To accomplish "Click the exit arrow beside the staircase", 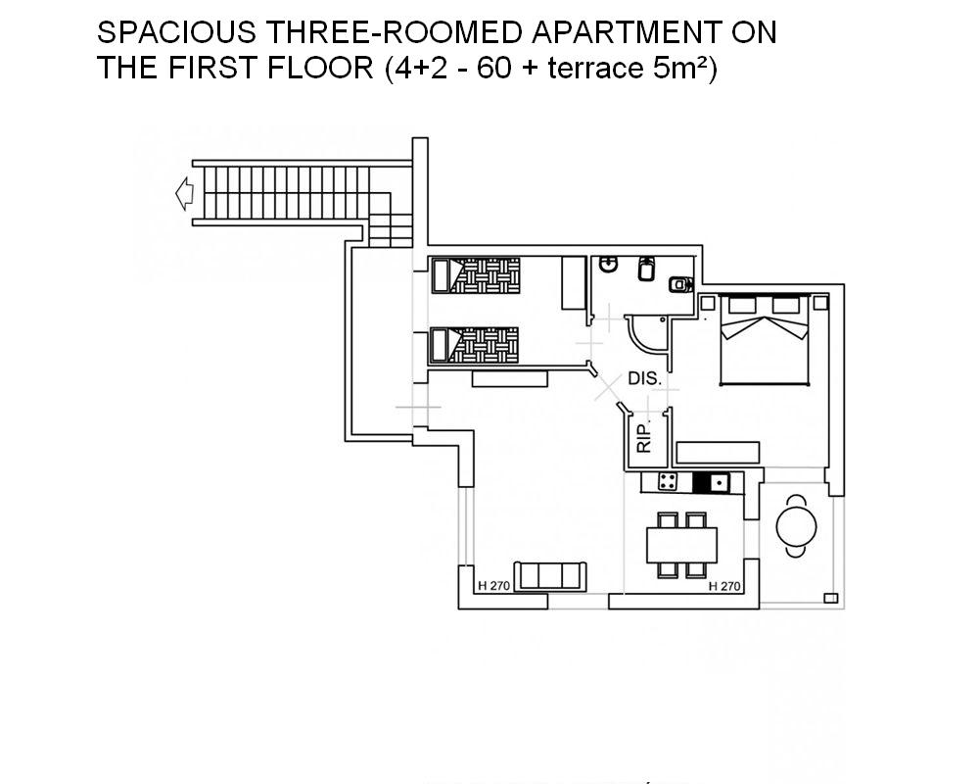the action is click(x=184, y=194).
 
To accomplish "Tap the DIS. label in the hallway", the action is click(x=644, y=378).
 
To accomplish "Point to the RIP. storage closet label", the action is click(x=644, y=437).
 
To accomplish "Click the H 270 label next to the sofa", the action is click(x=493, y=586).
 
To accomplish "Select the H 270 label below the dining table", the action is click(x=724, y=586).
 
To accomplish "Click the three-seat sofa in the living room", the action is click(x=550, y=576).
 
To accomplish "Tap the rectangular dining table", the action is click(x=681, y=545).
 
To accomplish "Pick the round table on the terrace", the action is click(x=796, y=526).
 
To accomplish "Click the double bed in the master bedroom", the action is click(x=765, y=339).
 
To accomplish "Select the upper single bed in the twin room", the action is click(x=476, y=275).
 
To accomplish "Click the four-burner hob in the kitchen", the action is click(x=668, y=482).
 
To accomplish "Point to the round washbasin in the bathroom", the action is click(x=608, y=265).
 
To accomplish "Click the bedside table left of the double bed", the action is click(x=708, y=303).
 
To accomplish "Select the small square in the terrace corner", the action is click(x=830, y=599).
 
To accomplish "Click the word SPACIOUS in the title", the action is click(x=176, y=32).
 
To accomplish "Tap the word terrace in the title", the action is click(x=595, y=69).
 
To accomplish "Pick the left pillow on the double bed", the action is click(x=742, y=305).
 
